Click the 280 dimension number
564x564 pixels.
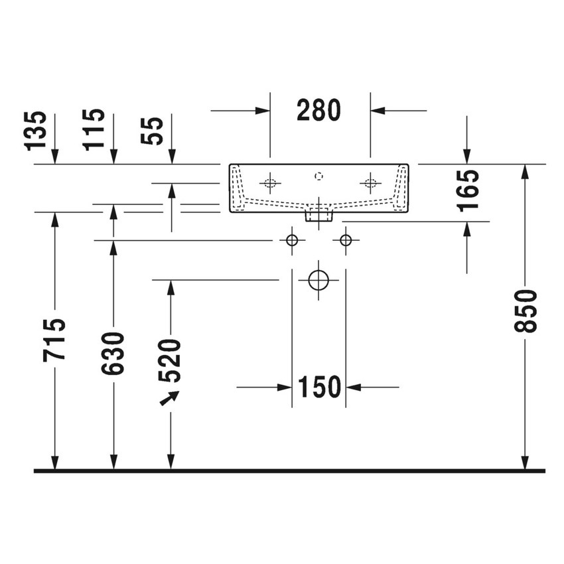[318, 110]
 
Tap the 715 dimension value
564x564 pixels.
[54, 340]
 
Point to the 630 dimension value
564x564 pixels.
[113, 353]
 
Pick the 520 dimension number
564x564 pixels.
[171, 361]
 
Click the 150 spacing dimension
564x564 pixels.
[319, 387]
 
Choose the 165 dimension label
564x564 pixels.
[468, 190]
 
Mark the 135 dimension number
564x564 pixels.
[37, 130]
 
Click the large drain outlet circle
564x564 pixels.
[319, 280]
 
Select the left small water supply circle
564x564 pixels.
[292, 240]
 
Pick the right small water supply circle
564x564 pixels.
[346, 240]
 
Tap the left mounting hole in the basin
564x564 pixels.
[270, 182]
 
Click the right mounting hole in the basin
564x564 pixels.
[370, 182]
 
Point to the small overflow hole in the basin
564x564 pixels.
[319, 176]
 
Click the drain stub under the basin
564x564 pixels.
[319, 215]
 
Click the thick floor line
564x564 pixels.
[289, 471]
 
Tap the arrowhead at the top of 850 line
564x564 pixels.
[526, 171]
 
